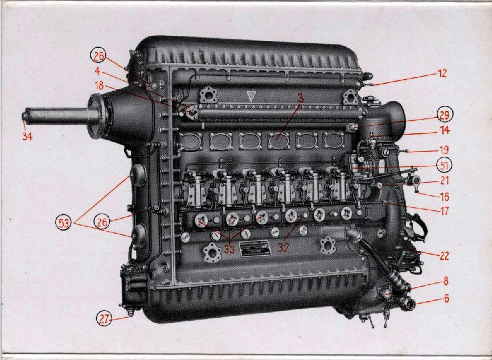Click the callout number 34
[27, 137]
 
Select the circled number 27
[104, 318]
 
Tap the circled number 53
[64, 223]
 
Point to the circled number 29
[444, 116]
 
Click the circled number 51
[444, 165]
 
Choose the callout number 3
[301, 99]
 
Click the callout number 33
[229, 249]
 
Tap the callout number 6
[446, 298]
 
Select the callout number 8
[446, 281]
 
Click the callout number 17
[445, 211]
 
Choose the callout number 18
[99, 85]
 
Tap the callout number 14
[445, 130]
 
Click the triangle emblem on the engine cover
[251, 96]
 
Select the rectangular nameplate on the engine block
[255, 249]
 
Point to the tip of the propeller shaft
[24, 116]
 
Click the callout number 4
[97, 72]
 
